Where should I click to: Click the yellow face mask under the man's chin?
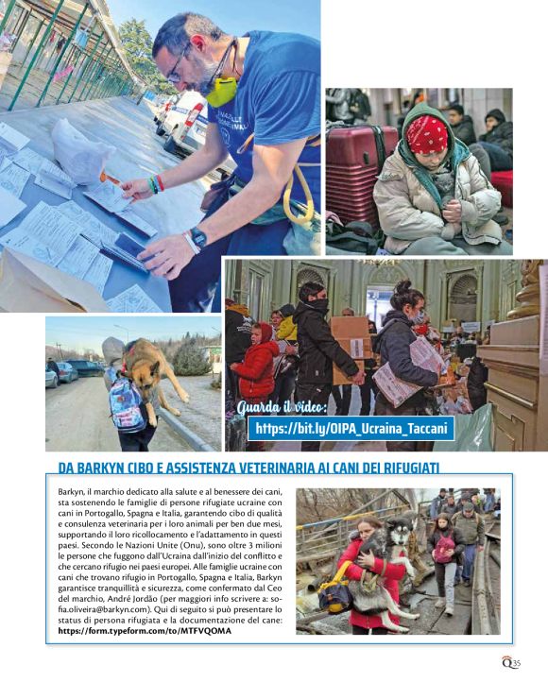[222, 92]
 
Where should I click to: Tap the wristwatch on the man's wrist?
[197, 237]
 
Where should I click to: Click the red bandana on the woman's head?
[427, 134]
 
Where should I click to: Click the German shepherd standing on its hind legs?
[150, 372]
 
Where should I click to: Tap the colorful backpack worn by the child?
[128, 405]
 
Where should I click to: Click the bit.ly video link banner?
[351, 429]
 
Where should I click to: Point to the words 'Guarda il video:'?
[283, 408]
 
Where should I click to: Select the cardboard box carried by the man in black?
[351, 338]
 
